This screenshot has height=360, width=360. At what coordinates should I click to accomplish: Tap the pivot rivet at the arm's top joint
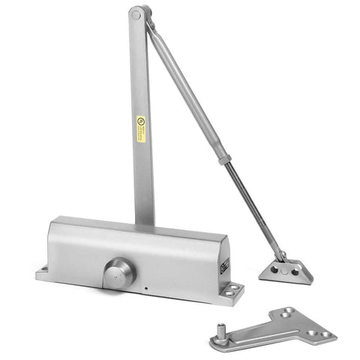(x=136, y=13)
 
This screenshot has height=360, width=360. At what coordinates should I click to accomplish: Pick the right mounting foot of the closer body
(x=232, y=290)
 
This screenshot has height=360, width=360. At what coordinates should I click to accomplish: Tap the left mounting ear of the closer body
(x=43, y=271)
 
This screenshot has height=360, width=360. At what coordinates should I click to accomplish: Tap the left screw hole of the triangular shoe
(x=274, y=268)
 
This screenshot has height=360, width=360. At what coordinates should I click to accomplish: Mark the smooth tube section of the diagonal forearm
(x=187, y=90)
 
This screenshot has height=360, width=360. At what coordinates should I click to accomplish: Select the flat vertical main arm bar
(x=142, y=165)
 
